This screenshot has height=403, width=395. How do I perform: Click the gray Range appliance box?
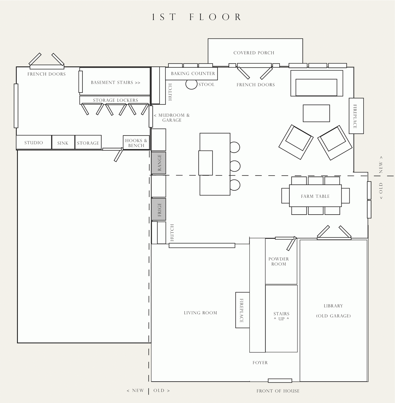159,163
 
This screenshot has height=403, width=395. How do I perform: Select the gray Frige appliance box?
159,209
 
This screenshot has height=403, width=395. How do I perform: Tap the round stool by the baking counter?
191,84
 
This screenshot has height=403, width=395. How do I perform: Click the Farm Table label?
315,196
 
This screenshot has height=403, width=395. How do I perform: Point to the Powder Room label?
279,261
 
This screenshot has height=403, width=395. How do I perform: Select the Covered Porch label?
254,53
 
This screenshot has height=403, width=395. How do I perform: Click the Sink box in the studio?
63,142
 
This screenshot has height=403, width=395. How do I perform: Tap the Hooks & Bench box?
136,143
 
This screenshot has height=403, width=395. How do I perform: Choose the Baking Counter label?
193,74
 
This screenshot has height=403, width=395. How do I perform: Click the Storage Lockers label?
115,100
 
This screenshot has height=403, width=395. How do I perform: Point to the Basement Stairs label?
116,83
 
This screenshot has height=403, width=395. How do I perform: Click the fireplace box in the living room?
242,310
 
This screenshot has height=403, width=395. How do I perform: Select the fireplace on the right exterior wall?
356,116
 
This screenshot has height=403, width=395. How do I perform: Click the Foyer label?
260,363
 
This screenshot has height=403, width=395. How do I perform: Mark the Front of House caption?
278,391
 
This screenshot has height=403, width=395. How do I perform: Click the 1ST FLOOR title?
197,17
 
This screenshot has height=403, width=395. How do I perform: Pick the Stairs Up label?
281,316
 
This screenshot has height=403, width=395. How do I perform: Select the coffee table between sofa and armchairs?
316,113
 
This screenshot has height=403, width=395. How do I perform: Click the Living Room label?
200,313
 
